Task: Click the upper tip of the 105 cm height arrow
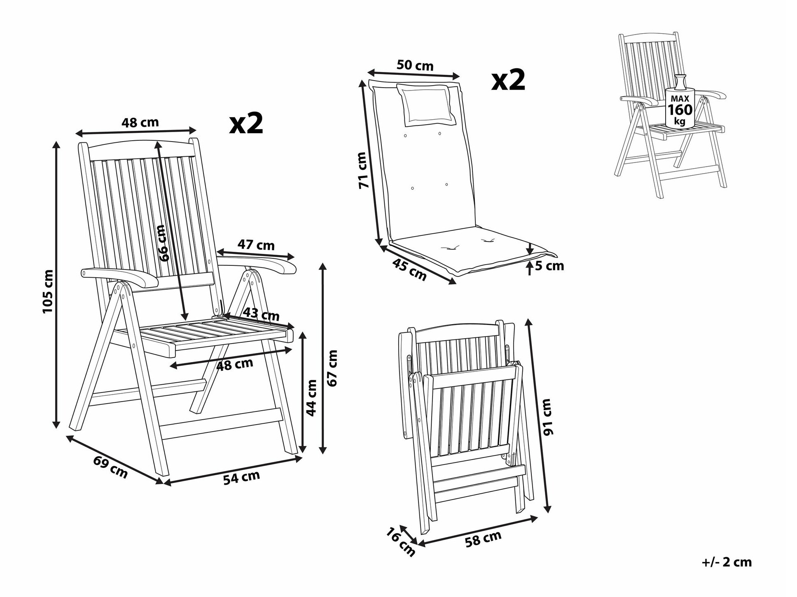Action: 57,141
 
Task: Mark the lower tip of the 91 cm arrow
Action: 548,513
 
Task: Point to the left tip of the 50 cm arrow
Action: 367,72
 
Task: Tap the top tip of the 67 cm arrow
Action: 323,264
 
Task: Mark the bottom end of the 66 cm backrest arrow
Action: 185,321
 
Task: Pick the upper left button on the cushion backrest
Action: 405,136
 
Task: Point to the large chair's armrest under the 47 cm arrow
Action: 257,263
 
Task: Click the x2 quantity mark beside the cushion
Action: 508,81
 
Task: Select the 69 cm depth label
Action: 110,467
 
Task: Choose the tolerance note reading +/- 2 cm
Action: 727,562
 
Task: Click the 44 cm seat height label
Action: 311,397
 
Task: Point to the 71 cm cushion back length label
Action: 362,170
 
